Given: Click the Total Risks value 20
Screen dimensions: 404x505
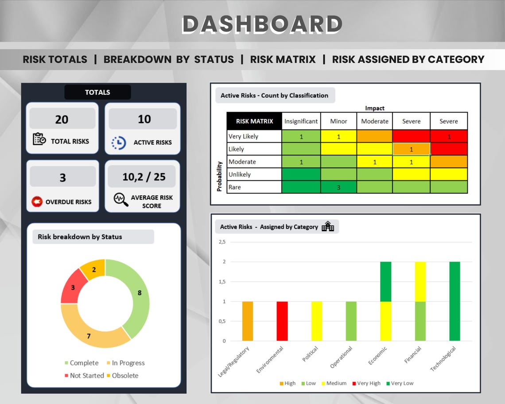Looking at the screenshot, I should [x=62, y=119].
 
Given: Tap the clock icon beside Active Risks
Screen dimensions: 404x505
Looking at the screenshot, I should [x=118, y=143].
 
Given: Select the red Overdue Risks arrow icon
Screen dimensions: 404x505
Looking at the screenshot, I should [x=37, y=202].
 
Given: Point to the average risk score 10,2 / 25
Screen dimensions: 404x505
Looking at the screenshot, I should [x=144, y=177].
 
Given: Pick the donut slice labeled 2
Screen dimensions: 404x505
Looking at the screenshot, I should [x=93, y=269].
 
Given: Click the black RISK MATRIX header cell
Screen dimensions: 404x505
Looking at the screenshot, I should [x=254, y=121].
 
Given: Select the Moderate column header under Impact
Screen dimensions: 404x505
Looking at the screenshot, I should [x=374, y=121].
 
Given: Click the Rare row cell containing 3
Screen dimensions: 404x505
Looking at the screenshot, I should [x=338, y=187].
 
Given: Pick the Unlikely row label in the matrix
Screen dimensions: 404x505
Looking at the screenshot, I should [x=240, y=175].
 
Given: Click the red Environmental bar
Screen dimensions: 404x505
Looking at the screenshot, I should [x=282, y=321].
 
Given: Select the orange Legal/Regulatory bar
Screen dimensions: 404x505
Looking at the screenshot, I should [x=248, y=321].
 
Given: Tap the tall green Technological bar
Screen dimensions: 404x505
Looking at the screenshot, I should [x=454, y=301].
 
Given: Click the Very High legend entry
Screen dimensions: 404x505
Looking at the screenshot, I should [x=366, y=383].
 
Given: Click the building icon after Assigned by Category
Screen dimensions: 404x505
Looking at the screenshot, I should [x=328, y=227].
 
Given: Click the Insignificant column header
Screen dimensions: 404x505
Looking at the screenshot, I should [x=301, y=121].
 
